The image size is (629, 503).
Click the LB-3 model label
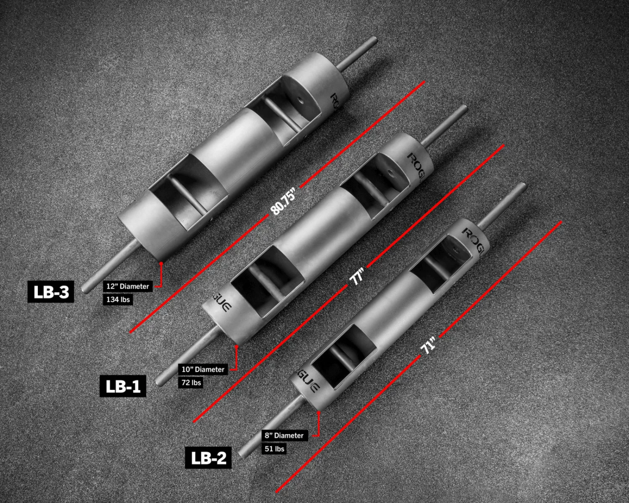coord(51,292)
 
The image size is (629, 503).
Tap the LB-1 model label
coord(123,386)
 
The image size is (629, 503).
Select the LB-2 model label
coord(208,458)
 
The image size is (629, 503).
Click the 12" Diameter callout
coord(127,286)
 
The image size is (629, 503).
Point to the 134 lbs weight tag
coord(118,299)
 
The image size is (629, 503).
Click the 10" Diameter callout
coord(203,369)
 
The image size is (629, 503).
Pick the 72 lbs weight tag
coord(191,382)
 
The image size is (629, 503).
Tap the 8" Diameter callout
coord(284,436)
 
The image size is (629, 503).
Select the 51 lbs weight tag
coord(274,449)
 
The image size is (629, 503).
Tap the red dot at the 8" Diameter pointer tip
coord(319,412)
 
